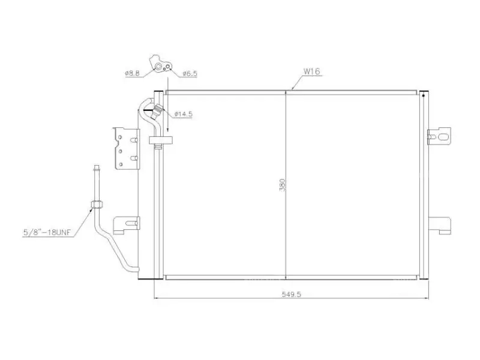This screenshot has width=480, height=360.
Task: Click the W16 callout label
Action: point(311,71)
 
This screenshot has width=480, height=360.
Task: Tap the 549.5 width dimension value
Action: point(292,294)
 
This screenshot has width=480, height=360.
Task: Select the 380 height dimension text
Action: point(282,185)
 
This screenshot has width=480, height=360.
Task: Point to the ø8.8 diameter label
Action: point(132,73)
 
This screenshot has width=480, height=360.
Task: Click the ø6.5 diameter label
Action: point(190,73)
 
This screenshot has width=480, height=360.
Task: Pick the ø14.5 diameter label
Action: point(184,114)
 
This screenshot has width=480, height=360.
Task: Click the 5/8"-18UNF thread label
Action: point(47,232)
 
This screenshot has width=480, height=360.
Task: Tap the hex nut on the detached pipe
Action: point(97,205)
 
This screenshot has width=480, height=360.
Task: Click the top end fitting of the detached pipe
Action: point(97,168)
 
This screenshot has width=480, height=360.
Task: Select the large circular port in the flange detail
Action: point(158,67)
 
